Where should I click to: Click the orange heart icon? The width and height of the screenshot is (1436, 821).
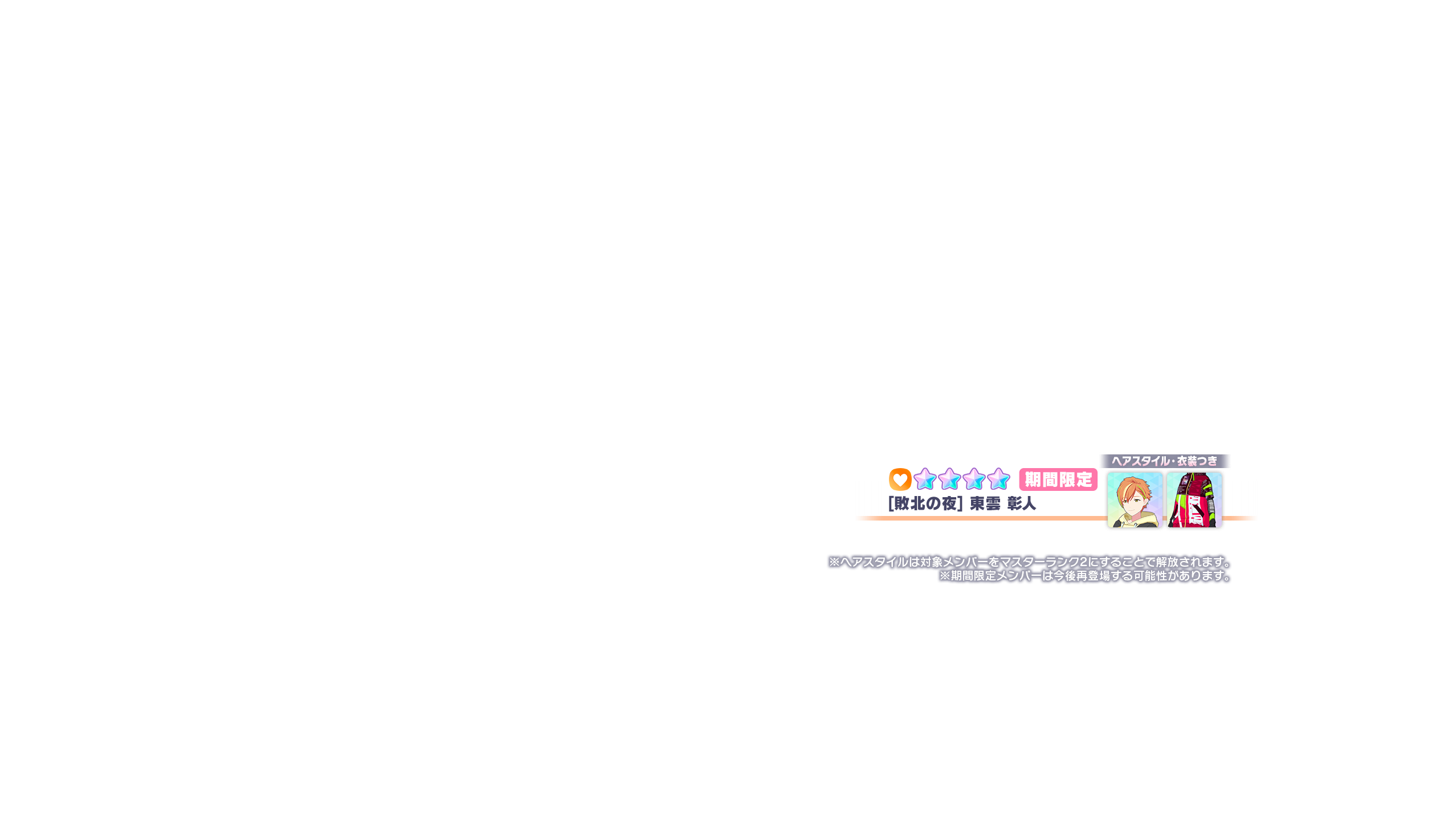[900, 479]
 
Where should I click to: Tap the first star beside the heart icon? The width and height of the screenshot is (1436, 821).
[925, 479]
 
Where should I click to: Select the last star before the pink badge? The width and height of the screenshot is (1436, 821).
[998, 479]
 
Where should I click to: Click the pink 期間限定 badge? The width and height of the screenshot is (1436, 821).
[1058, 480]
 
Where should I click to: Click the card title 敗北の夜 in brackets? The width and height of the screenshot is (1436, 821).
[925, 503]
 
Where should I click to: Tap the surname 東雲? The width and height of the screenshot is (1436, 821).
[985, 503]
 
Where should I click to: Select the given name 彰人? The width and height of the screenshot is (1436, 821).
[1021, 503]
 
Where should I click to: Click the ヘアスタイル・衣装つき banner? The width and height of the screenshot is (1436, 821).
[1164, 461]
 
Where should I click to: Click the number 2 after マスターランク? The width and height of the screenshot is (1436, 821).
[1083, 562]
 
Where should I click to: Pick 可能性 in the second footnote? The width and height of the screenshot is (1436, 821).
[1150, 576]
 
